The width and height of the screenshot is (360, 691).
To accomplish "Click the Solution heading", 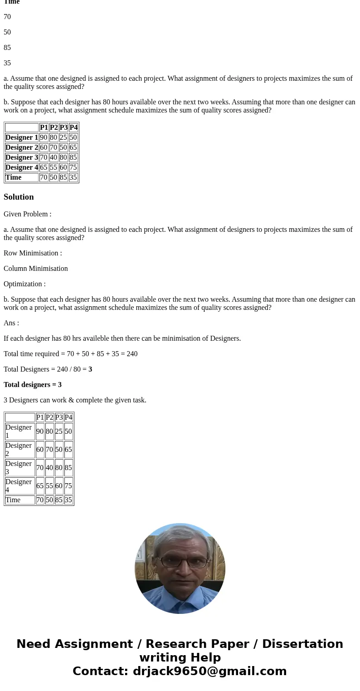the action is pyautogui.click(x=19, y=197).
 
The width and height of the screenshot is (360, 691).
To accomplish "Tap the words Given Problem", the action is pyautogui.click(x=27, y=214).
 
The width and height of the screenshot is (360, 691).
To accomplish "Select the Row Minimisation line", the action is pyautogui.click(x=33, y=253).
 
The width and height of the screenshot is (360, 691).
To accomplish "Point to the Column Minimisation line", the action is pyautogui.click(x=36, y=269).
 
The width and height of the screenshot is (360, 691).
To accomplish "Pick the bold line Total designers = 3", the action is pyautogui.click(x=33, y=385).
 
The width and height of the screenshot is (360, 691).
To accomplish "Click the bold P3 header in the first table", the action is pyautogui.click(x=63, y=127).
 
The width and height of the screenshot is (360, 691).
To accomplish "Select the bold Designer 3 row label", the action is pyautogui.click(x=22, y=157).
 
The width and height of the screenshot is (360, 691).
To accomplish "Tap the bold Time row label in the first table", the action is pyautogui.click(x=14, y=177).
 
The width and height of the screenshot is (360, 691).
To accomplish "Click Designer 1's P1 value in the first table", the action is pyautogui.click(x=44, y=137).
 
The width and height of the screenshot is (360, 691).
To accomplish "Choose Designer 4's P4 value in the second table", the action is pyautogui.click(x=68, y=486).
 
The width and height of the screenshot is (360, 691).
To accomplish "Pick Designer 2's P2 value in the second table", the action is pyautogui.click(x=49, y=450).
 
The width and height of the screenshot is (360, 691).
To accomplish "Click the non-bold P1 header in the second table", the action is pyautogui.click(x=40, y=417).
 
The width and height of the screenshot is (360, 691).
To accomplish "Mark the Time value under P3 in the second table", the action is pyautogui.click(x=59, y=500).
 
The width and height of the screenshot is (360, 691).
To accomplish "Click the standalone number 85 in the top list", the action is pyautogui.click(x=7, y=48).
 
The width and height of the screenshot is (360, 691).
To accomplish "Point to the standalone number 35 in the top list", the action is pyautogui.click(x=7, y=63).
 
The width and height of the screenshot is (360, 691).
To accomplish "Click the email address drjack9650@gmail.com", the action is pyautogui.click(x=210, y=671).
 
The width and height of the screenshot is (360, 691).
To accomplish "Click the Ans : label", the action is pyautogui.click(x=11, y=323).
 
